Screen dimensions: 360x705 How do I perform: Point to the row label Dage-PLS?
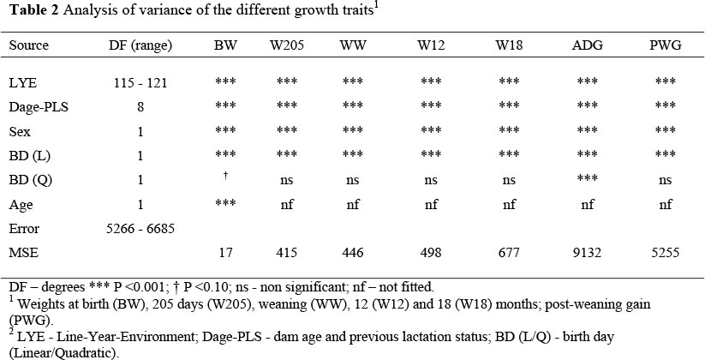[x=33, y=107]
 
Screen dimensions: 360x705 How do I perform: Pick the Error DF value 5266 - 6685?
[x=140, y=230]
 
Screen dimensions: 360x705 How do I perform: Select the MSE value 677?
[x=509, y=254]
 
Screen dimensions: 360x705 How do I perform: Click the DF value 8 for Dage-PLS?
[x=140, y=107]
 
